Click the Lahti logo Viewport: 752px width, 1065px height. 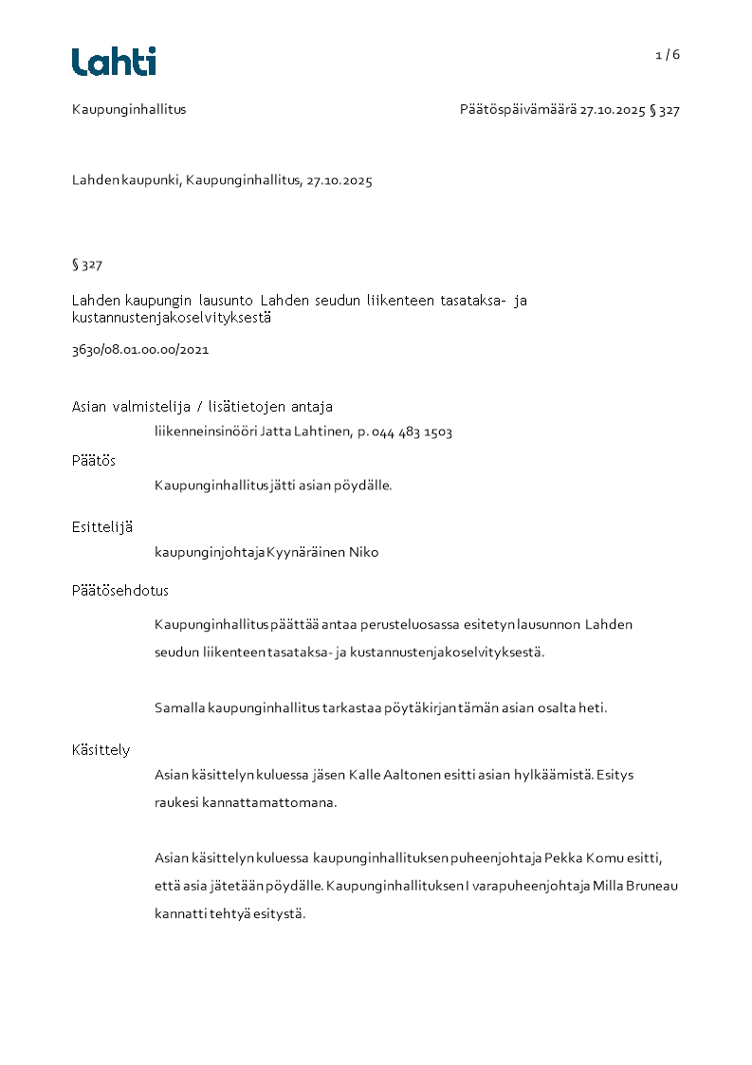(114, 62)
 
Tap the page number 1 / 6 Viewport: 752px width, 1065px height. (668, 55)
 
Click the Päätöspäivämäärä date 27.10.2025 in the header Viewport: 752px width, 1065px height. (613, 110)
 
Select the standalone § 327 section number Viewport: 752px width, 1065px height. (87, 265)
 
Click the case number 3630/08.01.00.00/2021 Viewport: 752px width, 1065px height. (140, 349)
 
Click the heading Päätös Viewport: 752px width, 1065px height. (94, 460)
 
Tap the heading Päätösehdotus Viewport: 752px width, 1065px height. (120, 590)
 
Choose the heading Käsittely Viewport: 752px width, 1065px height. (101, 749)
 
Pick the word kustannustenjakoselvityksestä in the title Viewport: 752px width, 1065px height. (172, 319)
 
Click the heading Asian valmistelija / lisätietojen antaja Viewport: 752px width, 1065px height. (202, 407)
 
